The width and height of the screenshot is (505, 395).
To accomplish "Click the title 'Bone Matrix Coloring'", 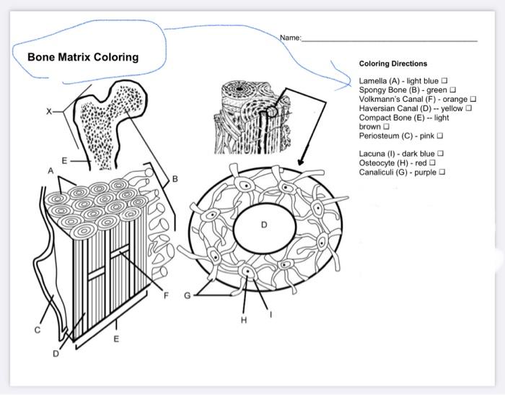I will click(x=83, y=57).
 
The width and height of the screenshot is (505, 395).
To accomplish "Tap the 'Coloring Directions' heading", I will click(x=393, y=64).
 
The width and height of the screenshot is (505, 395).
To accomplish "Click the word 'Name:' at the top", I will click(x=290, y=37).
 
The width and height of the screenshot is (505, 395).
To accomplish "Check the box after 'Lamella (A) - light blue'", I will click(x=444, y=81).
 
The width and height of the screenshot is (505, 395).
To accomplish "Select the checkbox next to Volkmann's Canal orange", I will click(x=473, y=99).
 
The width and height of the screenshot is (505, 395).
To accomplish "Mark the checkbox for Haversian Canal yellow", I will click(x=468, y=108).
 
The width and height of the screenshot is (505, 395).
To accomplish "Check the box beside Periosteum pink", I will click(x=439, y=135).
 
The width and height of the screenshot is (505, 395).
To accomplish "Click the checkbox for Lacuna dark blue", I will click(x=441, y=153).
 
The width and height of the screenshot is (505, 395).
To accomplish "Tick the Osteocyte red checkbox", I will click(x=432, y=162).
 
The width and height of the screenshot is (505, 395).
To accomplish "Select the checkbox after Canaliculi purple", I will click(x=442, y=172).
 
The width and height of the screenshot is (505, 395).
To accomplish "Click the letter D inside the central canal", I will click(x=264, y=225).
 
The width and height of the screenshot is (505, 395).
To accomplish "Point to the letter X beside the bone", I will click(x=49, y=111).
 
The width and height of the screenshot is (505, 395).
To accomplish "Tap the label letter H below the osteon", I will click(x=243, y=319).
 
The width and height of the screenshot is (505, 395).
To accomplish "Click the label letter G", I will click(x=188, y=295).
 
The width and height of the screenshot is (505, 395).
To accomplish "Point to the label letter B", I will click(x=175, y=178).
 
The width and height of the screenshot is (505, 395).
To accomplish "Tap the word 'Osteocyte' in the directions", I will click(x=375, y=162).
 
